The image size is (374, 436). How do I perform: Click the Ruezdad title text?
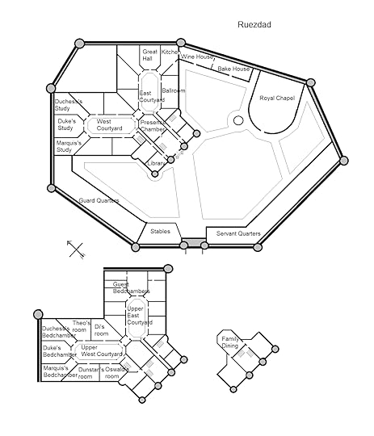point(254,24)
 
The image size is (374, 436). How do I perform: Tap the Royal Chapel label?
point(277,98)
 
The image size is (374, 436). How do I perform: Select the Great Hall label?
point(149,55)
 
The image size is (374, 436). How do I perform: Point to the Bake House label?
point(233,69)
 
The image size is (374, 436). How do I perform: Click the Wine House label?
point(197,57)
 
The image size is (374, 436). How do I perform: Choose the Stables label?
point(160,232)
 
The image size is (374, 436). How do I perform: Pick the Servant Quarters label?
point(238,233)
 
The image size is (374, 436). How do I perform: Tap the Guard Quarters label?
point(99,200)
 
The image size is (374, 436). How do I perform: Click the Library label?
point(156,163)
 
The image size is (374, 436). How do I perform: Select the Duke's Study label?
point(66,124)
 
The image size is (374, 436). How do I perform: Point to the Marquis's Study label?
point(69,146)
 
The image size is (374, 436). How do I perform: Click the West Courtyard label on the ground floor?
point(109,125)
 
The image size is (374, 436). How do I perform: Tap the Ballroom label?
point(174,90)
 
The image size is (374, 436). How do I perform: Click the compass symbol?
point(76,249)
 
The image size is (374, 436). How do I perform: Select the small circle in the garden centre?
point(238,120)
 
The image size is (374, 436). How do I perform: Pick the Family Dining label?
point(230,342)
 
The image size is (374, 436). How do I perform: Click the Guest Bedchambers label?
point(131,287)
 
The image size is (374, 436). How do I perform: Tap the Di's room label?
point(101,330)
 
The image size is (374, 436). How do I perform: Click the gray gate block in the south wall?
point(194,242)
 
